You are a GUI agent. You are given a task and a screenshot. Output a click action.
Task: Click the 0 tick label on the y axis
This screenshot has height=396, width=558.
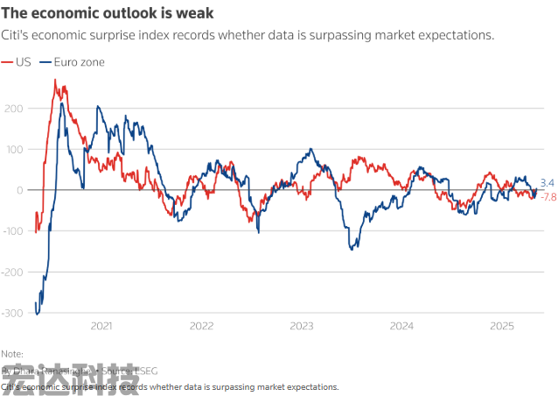[17, 190]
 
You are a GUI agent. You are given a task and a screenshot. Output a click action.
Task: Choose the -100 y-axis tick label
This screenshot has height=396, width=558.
[10, 231]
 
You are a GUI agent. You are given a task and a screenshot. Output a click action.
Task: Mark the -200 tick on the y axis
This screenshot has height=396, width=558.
[10, 272]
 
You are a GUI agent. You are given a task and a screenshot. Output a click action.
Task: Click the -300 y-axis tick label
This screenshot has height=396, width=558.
[10, 313]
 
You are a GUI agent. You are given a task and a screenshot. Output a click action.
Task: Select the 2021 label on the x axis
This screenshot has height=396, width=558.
[101, 326]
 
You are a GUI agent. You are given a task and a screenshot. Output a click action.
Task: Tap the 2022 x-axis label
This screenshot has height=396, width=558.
[202, 326]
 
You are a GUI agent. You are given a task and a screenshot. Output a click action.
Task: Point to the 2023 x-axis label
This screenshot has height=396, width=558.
[302, 326]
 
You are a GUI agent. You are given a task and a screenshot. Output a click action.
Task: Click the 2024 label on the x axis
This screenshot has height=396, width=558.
[402, 326]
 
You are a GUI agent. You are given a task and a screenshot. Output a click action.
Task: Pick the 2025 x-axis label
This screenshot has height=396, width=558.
[502, 326]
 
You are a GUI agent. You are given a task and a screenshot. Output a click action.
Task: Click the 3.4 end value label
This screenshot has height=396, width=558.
[547, 183]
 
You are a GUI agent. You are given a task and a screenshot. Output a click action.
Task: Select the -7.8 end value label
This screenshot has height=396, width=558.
[548, 197]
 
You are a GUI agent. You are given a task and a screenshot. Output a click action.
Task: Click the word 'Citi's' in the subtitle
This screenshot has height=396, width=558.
[16, 36]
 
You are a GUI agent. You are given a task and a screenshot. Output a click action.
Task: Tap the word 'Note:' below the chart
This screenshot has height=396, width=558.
[13, 354]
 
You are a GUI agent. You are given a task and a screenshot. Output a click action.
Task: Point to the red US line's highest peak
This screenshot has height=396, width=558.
[55, 80]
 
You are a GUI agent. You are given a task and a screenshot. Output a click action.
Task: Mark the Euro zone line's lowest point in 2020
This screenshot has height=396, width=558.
[38, 313]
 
